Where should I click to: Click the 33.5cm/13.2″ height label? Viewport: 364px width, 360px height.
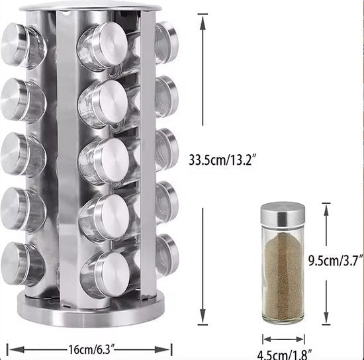222,159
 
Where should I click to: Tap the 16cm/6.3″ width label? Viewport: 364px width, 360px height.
91,349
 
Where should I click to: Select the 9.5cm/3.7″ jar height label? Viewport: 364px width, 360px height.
336,261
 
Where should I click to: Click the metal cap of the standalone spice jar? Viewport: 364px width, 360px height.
283,214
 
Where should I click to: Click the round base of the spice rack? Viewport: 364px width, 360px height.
91,310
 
